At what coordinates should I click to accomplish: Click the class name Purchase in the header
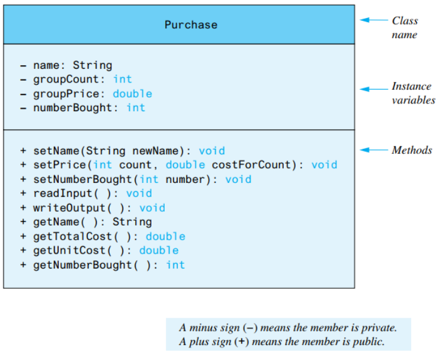pyautogui.click(x=191, y=25)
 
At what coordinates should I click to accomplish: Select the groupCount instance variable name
pyautogui.click(x=66, y=80)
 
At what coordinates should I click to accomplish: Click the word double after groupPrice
pyautogui.click(x=132, y=94)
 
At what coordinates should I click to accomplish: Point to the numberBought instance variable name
pyautogui.click(x=72, y=108)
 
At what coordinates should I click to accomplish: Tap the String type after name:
pyautogui.click(x=93, y=65)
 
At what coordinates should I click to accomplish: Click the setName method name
pyautogui.click(x=56, y=151)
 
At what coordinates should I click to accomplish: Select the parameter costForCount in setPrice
pyautogui.click(x=251, y=165)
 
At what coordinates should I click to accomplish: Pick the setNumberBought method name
pyautogui.click(x=83, y=179)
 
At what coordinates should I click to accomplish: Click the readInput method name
pyautogui.click(x=63, y=194)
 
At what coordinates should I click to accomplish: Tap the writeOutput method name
pyautogui.click(x=69, y=208)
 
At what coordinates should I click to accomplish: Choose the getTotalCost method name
pyautogui.click(x=72, y=237)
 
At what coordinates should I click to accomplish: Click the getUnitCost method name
pyautogui.click(x=69, y=251)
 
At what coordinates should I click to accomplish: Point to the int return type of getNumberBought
pyautogui.click(x=175, y=265)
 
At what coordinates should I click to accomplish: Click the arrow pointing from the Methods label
pyautogui.click(x=374, y=150)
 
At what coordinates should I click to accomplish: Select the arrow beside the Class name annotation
pyautogui.click(x=374, y=20)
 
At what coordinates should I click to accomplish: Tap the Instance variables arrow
pyautogui.click(x=374, y=89)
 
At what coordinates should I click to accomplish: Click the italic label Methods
pyautogui.click(x=412, y=150)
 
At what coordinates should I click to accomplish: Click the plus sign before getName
pyautogui.click(x=23, y=222)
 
